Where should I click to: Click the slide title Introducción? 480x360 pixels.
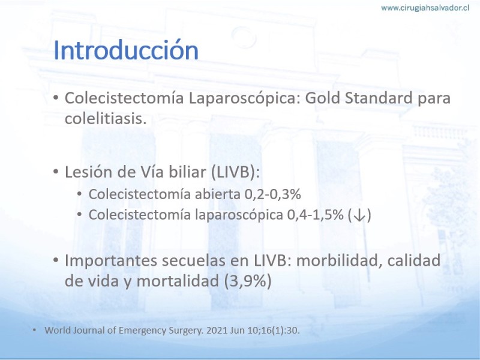[x=126, y=50]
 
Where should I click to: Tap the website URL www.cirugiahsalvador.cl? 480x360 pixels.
[x=425, y=8]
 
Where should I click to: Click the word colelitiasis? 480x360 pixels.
[x=106, y=118]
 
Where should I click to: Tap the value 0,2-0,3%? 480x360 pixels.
[x=272, y=194]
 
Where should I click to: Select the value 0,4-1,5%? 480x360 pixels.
[x=315, y=215]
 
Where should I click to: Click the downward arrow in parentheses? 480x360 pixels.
[x=359, y=215]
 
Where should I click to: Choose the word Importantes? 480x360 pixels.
[x=110, y=261]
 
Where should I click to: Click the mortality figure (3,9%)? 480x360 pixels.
[x=248, y=281]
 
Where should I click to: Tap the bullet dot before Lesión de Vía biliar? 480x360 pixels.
[x=55, y=172]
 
